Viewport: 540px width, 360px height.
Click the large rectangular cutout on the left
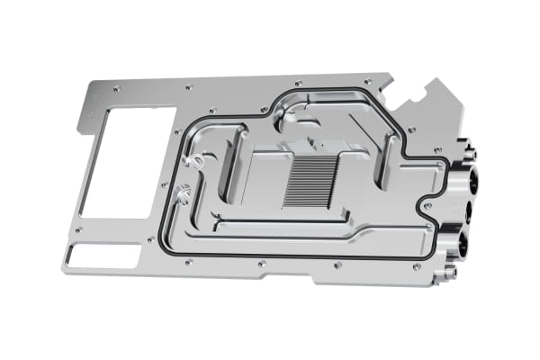pos(127,161)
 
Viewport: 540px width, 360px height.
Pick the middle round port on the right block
pos(471,212)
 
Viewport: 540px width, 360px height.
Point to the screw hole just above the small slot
pos(79,230)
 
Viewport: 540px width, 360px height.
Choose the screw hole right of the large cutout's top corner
pos(187,88)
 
